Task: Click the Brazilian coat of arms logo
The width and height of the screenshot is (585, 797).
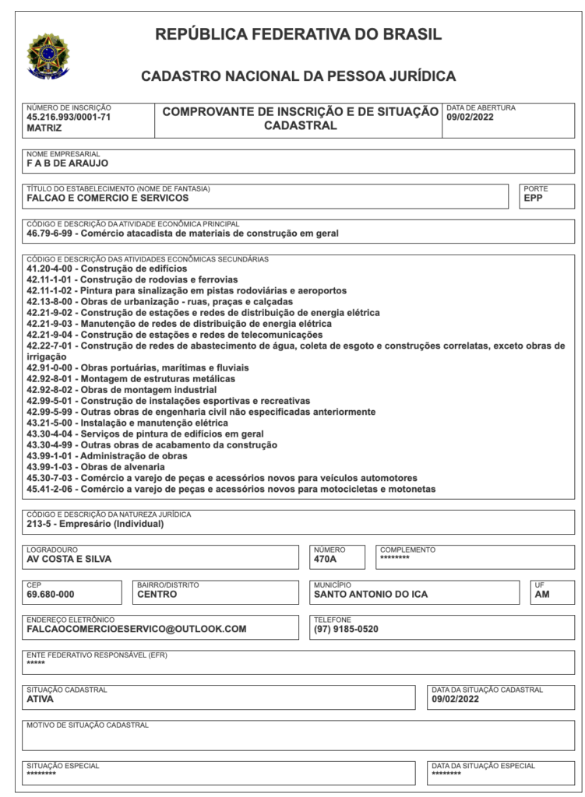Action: pyautogui.click(x=48, y=56)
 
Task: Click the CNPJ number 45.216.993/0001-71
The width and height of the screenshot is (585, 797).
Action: pyautogui.click(x=69, y=117)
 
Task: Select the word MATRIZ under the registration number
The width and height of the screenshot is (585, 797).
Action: pyautogui.click(x=44, y=128)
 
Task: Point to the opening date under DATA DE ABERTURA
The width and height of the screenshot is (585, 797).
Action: pyautogui.click(x=470, y=118)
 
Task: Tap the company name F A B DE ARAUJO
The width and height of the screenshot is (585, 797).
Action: pyautogui.click(x=67, y=163)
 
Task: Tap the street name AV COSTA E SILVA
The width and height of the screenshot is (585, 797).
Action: pyautogui.click(x=69, y=559)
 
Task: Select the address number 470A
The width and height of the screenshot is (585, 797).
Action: pyautogui.click(x=325, y=559)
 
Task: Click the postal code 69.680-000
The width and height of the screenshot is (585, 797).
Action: pyautogui.click(x=51, y=594)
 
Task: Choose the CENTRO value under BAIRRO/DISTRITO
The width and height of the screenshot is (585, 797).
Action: pyautogui.click(x=157, y=594)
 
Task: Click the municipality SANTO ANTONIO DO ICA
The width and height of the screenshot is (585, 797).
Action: pyautogui.click(x=370, y=594)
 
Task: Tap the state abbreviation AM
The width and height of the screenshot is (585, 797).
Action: pyautogui.click(x=542, y=594)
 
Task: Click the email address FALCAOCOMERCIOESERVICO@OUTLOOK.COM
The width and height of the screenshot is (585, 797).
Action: pyautogui.click(x=136, y=629)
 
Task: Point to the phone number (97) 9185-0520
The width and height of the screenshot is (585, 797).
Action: pyautogui.click(x=346, y=629)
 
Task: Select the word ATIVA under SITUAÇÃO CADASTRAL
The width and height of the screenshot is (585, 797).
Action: pyautogui.click(x=41, y=699)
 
